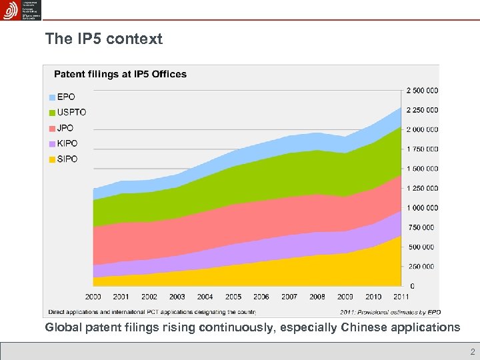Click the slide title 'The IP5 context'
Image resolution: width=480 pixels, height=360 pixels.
click(x=103, y=39)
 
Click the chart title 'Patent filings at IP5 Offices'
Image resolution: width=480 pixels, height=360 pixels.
click(x=120, y=74)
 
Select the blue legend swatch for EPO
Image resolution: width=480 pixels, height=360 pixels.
click(x=52, y=97)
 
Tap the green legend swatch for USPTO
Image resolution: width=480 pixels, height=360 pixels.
click(x=52, y=112)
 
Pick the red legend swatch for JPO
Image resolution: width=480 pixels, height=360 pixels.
click(x=52, y=127)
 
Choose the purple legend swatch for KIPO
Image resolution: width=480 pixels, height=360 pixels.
click(x=52, y=143)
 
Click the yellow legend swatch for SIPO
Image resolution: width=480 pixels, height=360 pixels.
click(x=52, y=159)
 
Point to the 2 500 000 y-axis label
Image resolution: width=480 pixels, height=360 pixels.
click(x=422, y=90)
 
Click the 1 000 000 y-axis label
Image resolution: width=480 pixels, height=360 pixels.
click(x=422, y=207)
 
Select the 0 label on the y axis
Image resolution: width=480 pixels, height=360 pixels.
click(x=411, y=286)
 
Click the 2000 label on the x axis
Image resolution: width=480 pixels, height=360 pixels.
click(x=93, y=297)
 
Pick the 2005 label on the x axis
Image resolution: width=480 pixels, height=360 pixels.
click(x=233, y=297)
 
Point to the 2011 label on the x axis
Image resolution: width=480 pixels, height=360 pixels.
click(x=401, y=297)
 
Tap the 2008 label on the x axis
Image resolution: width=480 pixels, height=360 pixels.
click(x=317, y=297)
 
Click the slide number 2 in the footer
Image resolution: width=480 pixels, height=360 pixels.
click(x=472, y=352)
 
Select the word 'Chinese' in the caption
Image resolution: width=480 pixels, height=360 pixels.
click(x=365, y=327)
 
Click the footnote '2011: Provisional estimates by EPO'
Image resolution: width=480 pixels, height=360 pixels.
click(x=390, y=311)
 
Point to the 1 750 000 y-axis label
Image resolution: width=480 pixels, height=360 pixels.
click(x=422, y=149)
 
